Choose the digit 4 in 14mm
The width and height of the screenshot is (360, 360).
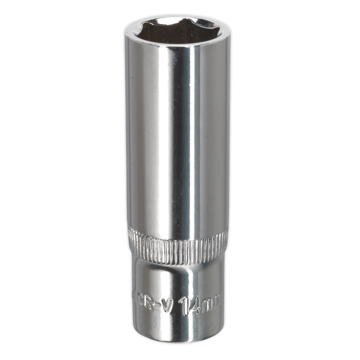coord(195,305)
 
